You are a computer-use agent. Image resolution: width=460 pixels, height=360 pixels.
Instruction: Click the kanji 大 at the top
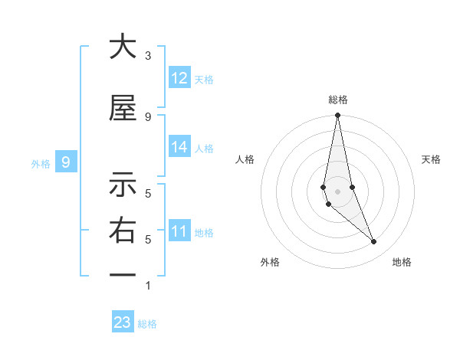pyautogui.click(x=123, y=47)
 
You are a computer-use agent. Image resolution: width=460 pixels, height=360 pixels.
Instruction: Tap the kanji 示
pyautogui.click(x=123, y=185)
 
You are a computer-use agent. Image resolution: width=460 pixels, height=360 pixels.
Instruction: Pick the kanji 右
pyautogui.click(x=123, y=231)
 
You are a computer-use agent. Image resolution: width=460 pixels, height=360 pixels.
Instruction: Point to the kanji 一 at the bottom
pyautogui.click(x=123, y=275)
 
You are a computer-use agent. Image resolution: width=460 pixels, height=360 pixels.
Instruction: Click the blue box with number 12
pyautogui.click(x=179, y=78)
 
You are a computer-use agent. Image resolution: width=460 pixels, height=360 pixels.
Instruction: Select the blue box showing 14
pyautogui.click(x=179, y=147)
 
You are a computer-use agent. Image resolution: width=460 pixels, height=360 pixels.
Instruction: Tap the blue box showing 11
pyautogui.click(x=179, y=231)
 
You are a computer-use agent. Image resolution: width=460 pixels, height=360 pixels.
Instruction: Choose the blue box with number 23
pyautogui.click(x=123, y=322)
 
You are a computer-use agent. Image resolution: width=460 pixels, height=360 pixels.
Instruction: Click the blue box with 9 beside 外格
pyautogui.click(x=66, y=162)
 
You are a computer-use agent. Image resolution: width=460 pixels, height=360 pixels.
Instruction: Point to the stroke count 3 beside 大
pyautogui.click(x=148, y=56)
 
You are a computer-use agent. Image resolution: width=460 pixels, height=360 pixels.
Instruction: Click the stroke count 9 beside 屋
pyautogui.click(x=148, y=116)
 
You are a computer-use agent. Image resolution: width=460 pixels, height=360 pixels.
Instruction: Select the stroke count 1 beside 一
pyautogui.click(x=148, y=286)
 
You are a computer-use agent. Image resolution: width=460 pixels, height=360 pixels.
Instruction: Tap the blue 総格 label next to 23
pyautogui.click(x=147, y=324)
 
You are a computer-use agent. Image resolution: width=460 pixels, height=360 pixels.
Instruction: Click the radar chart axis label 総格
pyautogui.click(x=338, y=100)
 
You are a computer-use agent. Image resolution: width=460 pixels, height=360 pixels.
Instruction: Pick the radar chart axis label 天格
pyautogui.click(x=432, y=159)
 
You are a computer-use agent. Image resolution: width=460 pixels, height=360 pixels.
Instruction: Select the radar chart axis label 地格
pyautogui.click(x=402, y=262)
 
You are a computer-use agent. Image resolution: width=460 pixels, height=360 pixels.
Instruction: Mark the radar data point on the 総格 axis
pyautogui.click(x=337, y=116)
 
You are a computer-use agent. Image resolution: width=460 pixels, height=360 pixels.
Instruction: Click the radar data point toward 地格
pyautogui.click(x=374, y=242)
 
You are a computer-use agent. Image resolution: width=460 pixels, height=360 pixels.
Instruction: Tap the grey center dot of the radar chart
pyautogui.click(x=337, y=191)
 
